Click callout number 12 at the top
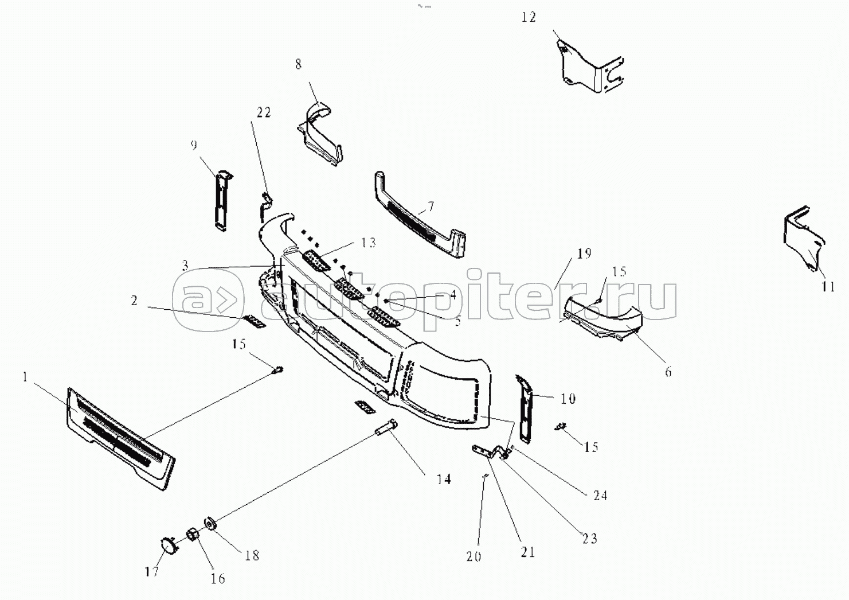(528, 17)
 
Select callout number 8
(298, 64)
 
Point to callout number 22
(263, 112)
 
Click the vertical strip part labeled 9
(221, 201)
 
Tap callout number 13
(368, 243)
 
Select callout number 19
(584, 254)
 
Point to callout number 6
(668, 372)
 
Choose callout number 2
(134, 301)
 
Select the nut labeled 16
(191, 536)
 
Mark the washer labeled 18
(209, 524)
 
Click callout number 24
(600, 495)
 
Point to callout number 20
(474, 556)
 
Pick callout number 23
(590, 538)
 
